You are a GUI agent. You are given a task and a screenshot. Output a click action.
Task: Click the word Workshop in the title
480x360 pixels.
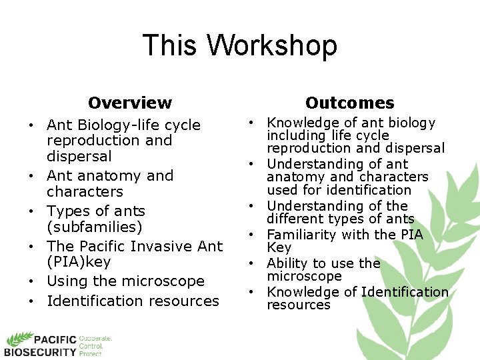coord(273,46)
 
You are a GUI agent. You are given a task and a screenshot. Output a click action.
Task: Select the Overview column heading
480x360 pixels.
coord(130,103)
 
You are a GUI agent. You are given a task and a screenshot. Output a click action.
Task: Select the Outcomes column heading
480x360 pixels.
coord(349,103)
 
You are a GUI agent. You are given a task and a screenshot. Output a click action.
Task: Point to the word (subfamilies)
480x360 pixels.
coord(95,227)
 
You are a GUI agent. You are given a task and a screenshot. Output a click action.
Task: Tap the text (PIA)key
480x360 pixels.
coord(79,262)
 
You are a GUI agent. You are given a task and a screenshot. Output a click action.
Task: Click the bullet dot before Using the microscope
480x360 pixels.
coord(31,281)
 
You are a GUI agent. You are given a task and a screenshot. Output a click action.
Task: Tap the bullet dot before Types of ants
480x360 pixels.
coord(31,211)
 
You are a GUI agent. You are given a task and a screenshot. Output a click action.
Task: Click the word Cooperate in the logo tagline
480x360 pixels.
coord(95,339)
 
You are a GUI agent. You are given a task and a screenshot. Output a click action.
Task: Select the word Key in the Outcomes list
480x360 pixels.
coord(279,247)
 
